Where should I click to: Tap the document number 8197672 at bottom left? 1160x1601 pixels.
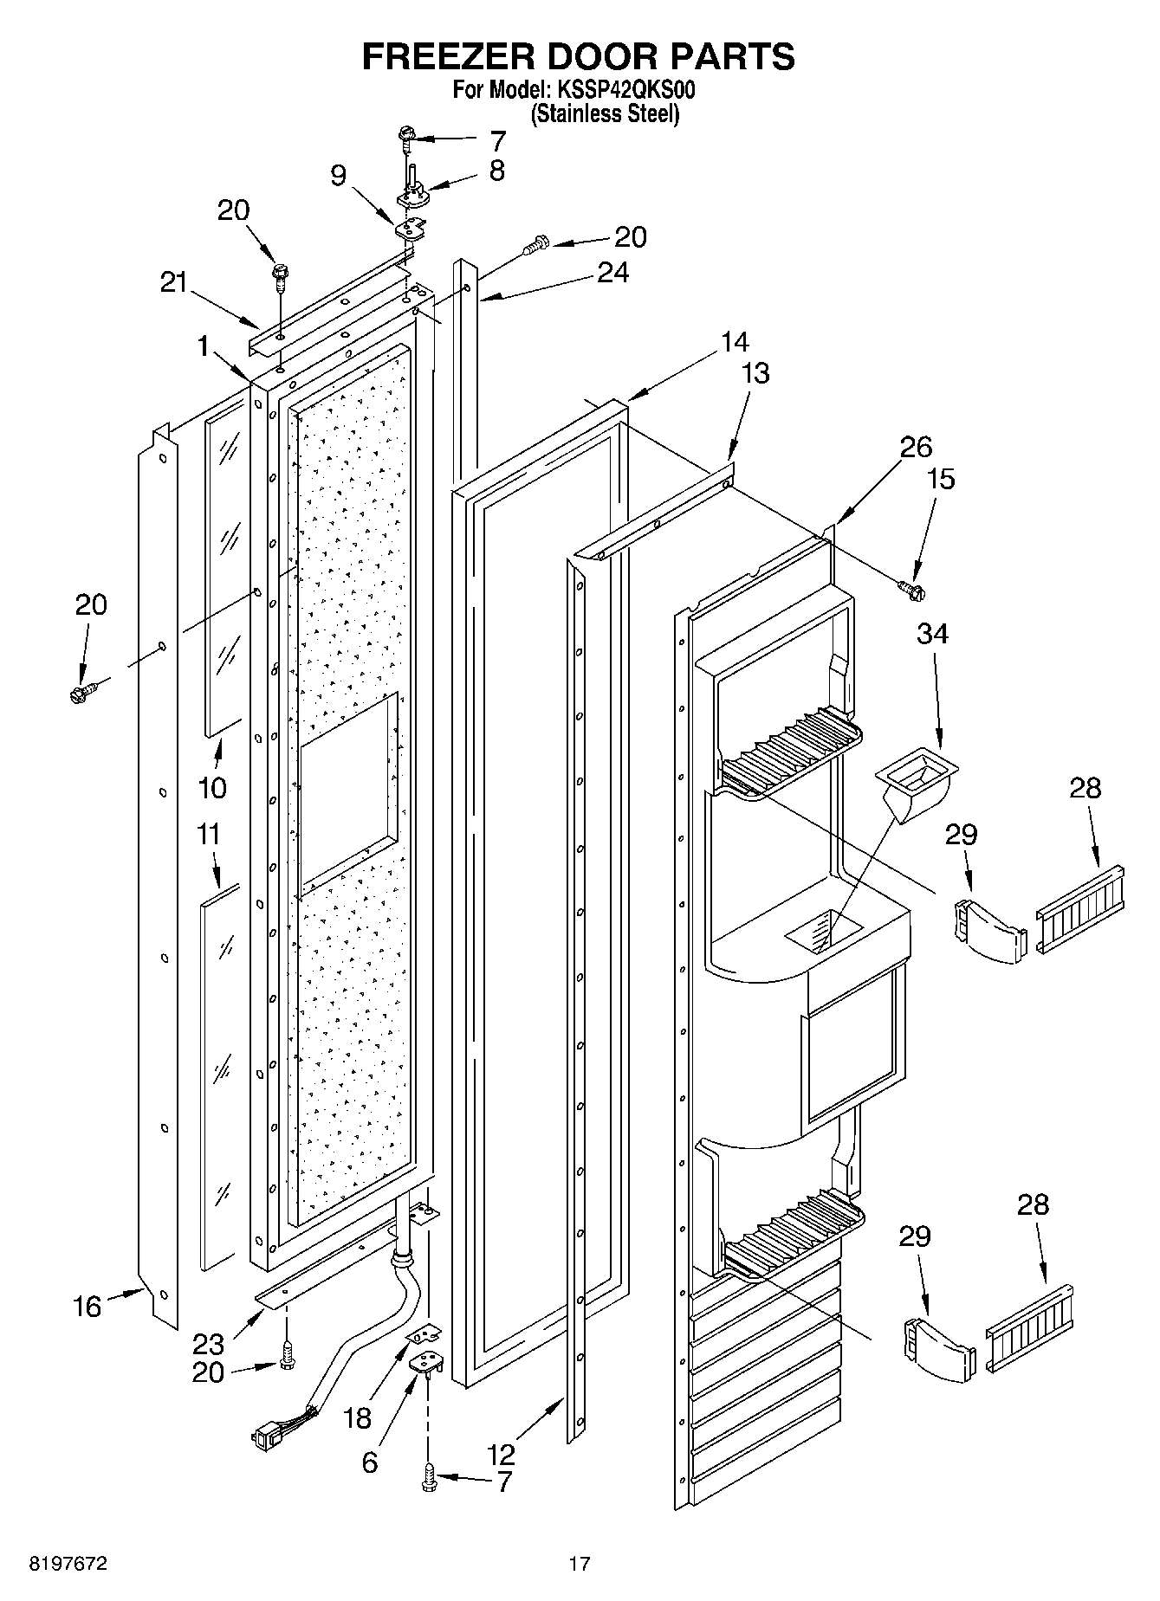tap(69, 1564)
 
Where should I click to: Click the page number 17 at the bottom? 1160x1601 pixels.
tap(579, 1564)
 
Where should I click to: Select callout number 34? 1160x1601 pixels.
tap(932, 634)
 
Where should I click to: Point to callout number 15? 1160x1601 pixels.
tap(942, 479)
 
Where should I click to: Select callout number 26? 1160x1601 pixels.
tap(916, 447)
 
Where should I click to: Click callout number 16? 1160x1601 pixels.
tap(87, 1307)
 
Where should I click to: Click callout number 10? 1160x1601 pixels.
tap(212, 787)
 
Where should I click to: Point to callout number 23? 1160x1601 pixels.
tap(208, 1344)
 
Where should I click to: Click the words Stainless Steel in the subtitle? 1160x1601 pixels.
tap(604, 113)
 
